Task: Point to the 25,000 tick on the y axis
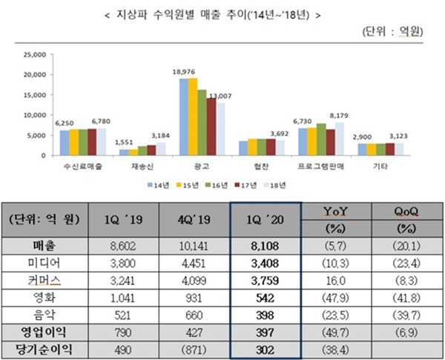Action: [36, 54]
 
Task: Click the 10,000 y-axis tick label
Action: [36, 116]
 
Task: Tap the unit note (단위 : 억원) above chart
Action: [392, 33]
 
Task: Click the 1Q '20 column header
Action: [265, 220]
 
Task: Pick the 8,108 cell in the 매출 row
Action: [266, 246]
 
